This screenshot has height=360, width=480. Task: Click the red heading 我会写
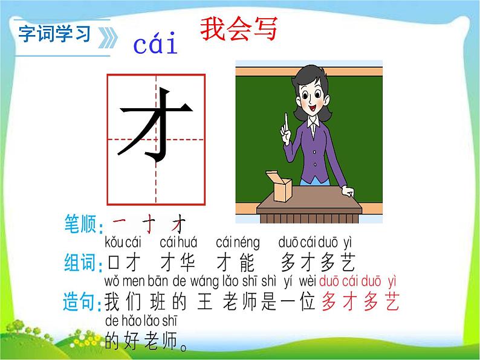click(x=239, y=29)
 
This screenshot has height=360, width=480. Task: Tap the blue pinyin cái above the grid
click(x=155, y=44)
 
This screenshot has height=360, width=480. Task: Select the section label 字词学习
click(x=54, y=33)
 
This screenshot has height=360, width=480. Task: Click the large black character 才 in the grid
click(x=155, y=126)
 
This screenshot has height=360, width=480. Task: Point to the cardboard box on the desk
click(x=279, y=187)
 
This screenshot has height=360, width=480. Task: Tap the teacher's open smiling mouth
click(x=313, y=108)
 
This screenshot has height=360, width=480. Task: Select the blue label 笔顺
click(x=80, y=223)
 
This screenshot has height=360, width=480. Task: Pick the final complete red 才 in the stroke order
click(x=179, y=223)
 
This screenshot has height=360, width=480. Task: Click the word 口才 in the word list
click(x=124, y=262)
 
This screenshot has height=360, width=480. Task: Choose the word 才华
click(x=178, y=262)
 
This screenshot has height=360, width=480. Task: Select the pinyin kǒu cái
click(x=123, y=242)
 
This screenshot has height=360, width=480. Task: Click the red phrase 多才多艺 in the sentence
click(x=361, y=301)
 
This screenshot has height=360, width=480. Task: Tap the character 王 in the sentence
click(x=205, y=301)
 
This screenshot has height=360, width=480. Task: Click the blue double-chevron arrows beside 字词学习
click(x=108, y=37)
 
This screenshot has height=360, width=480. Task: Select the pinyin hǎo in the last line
click(x=132, y=321)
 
